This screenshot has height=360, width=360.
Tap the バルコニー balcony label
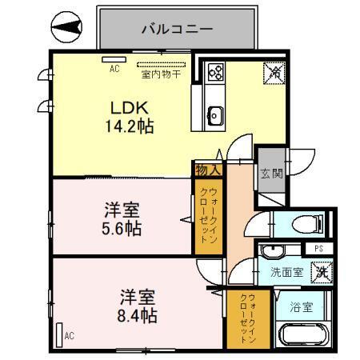pos(178,29)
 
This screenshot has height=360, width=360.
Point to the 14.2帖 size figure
pos(127,126)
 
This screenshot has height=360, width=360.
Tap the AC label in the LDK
pos(114,70)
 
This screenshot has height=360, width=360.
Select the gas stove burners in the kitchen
pos(215,73)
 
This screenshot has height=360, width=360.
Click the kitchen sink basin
pos(214,114)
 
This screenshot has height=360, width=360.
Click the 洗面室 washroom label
pos(286,272)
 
